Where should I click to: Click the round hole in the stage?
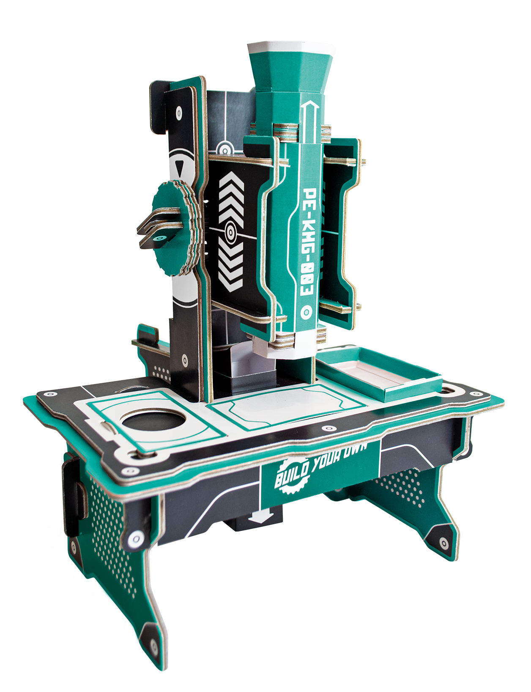[x=153, y=421]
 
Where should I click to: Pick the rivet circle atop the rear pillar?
[x=179, y=113]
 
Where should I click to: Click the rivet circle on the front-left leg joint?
[x=135, y=538]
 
